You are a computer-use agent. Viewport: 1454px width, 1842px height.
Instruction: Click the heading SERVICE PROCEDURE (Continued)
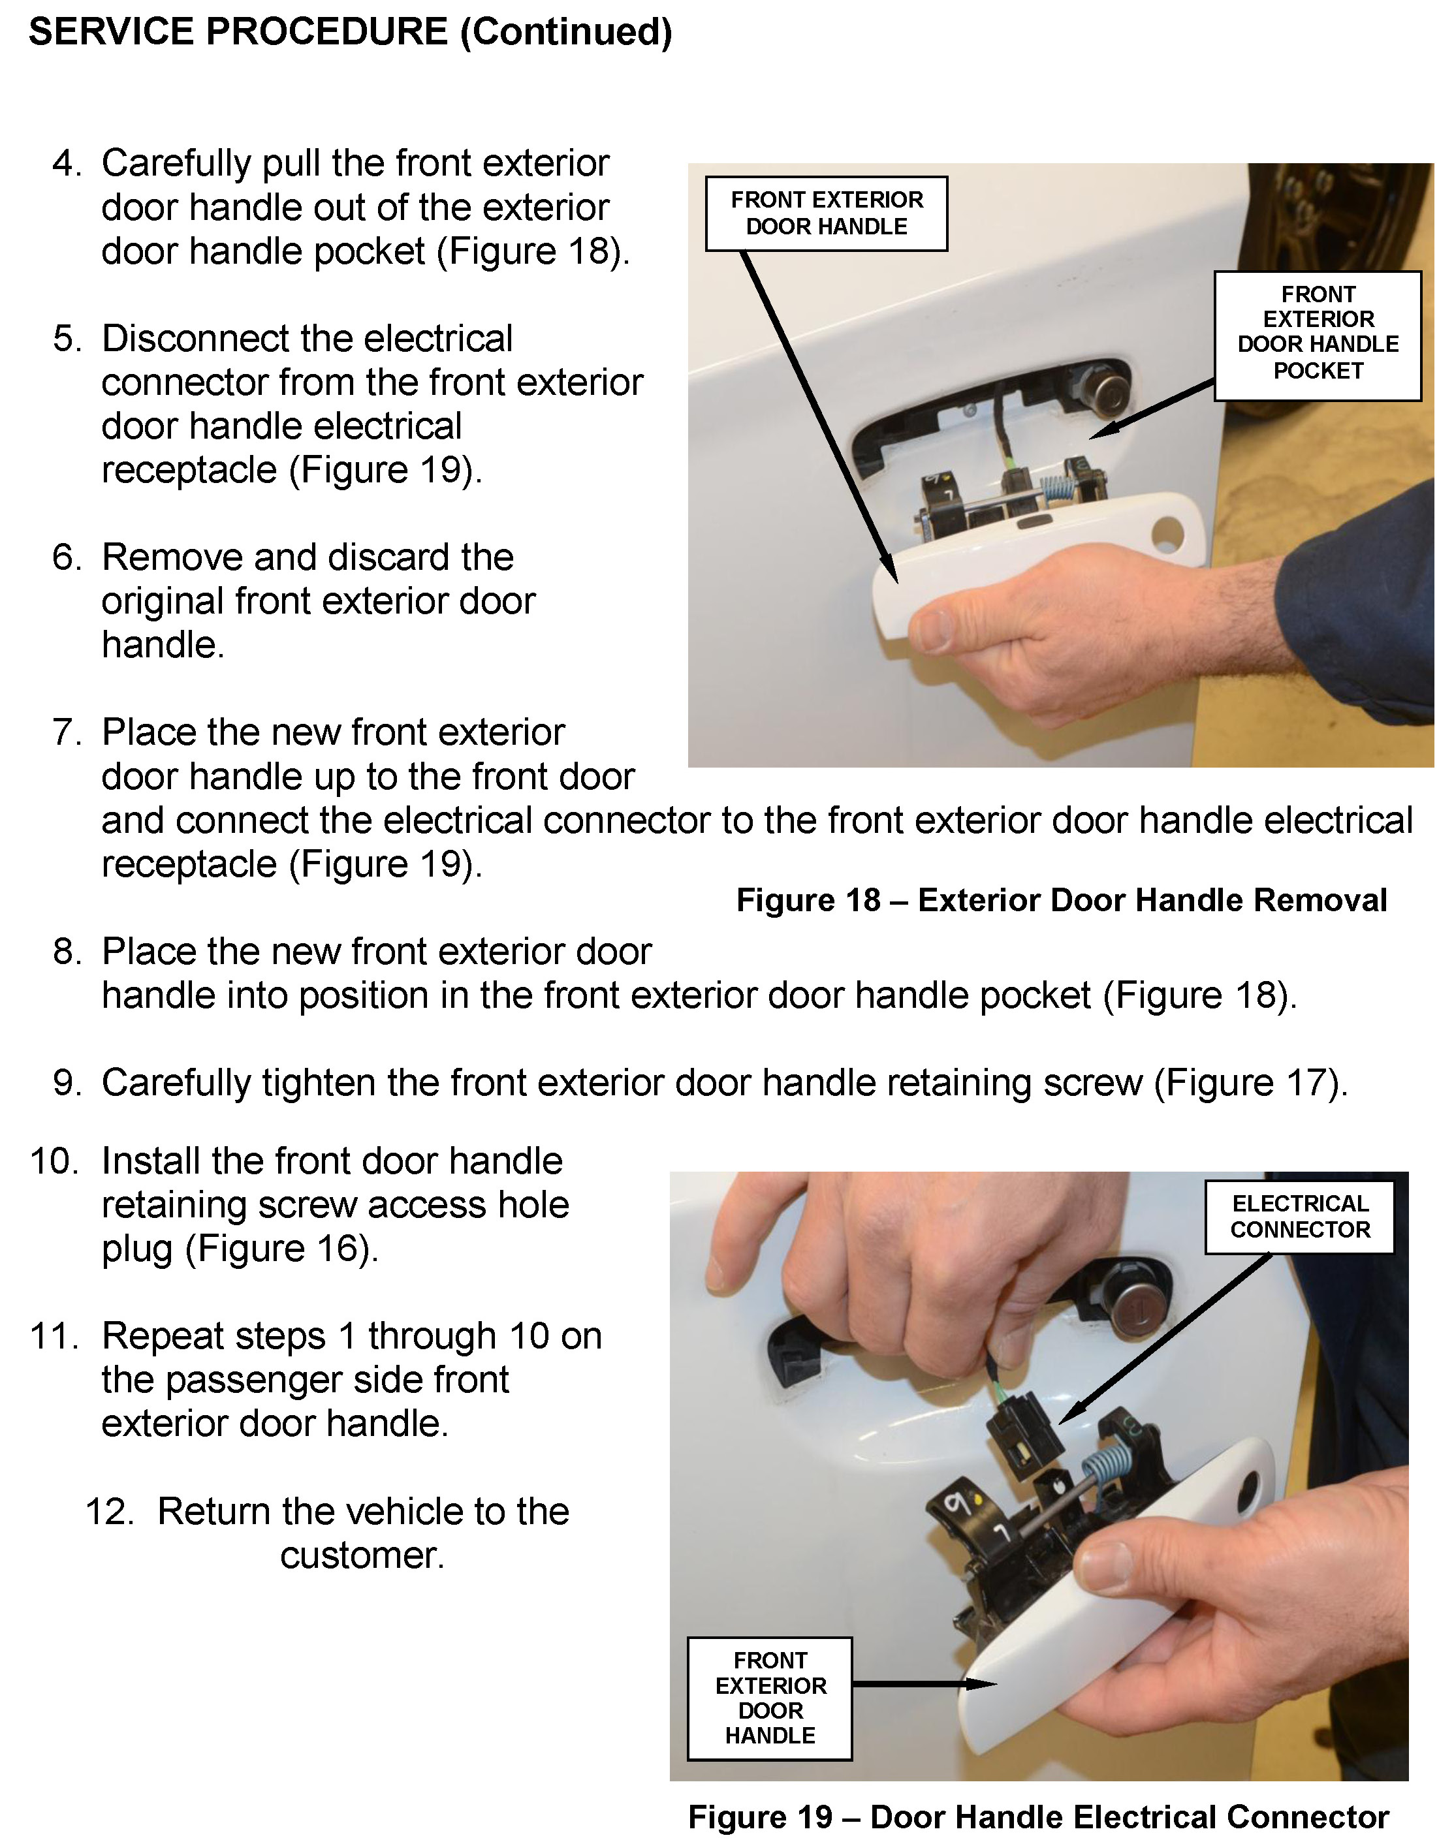[x=350, y=33]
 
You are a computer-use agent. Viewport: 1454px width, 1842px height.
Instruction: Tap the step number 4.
[x=67, y=163]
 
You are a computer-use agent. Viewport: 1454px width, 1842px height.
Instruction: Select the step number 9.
[x=67, y=1083]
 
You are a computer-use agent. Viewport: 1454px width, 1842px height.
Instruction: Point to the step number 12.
[x=110, y=1512]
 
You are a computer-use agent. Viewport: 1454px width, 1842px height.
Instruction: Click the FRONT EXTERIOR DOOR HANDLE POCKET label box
[x=1317, y=336]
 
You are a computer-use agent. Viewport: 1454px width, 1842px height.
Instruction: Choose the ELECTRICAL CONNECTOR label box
[x=1299, y=1217]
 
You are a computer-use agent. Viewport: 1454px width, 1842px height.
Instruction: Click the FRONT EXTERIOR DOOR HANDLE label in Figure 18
[x=826, y=213]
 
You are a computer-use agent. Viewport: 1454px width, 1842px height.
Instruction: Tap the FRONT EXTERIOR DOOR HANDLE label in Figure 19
[x=770, y=1698]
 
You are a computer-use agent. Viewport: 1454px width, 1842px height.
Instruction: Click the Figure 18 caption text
[x=1062, y=899]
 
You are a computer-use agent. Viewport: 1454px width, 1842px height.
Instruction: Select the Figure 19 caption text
[x=1039, y=1817]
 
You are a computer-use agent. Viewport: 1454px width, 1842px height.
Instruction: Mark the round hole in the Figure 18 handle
[x=1166, y=533]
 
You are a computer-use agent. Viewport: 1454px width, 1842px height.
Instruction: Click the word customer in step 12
[x=362, y=1556]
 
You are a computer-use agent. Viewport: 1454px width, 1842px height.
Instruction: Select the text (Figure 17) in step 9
[x=1250, y=1084]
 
